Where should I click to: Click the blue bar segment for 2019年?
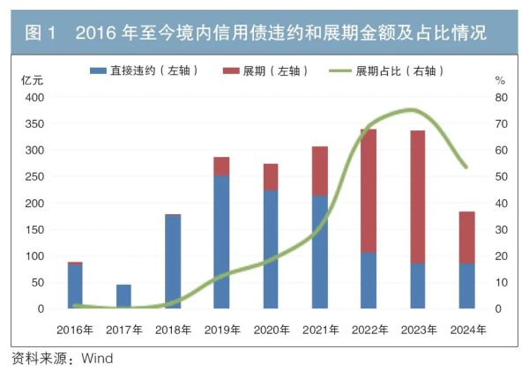[221, 242]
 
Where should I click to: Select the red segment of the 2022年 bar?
[368, 190]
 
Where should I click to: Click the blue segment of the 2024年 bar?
[466, 286]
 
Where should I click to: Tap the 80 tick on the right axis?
[500, 97]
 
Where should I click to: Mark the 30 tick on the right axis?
[500, 229]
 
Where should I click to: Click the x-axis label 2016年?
[76, 330]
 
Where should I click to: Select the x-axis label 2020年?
[271, 330]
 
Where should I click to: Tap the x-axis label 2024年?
[466, 330]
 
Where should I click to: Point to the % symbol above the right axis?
[500, 79]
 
